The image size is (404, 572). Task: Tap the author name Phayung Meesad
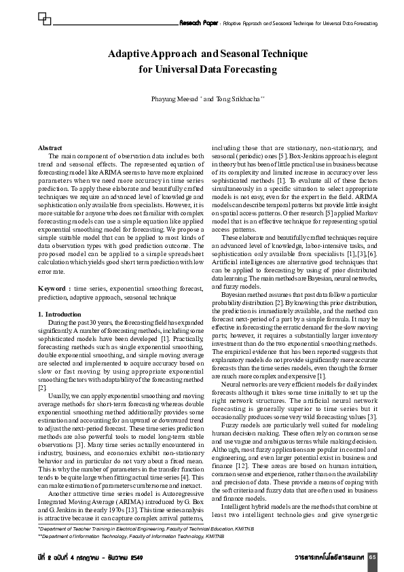pyautogui.click(x=175, y=99)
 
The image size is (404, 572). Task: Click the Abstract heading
pyautogui.click(x=50, y=148)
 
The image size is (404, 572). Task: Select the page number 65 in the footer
pyautogui.click(x=373, y=557)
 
